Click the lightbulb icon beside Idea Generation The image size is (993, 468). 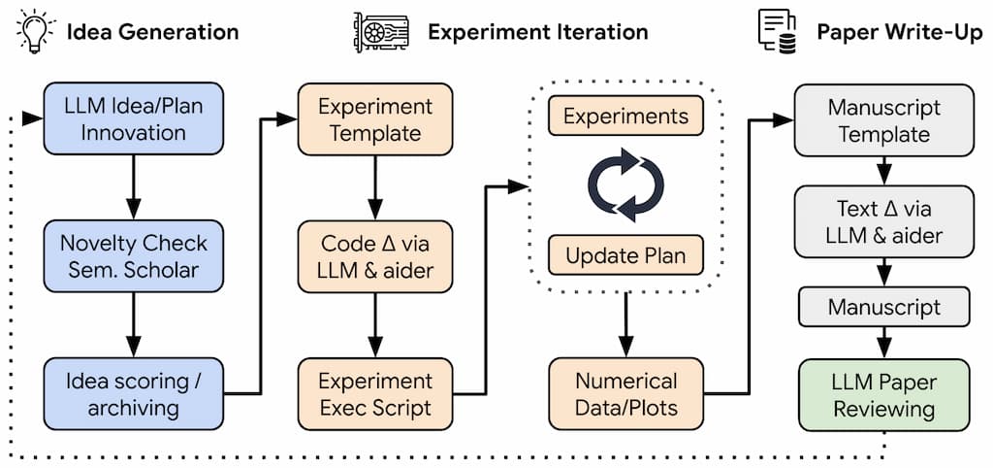coord(32,30)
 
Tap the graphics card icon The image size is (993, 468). coord(380,31)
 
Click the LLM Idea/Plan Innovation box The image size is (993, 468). coord(133,118)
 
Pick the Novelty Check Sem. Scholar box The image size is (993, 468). coord(133,255)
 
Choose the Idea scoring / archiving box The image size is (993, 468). coord(133,393)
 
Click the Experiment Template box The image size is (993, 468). coord(375,118)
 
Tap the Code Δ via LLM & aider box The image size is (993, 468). coord(375,255)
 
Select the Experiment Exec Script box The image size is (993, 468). coord(375,393)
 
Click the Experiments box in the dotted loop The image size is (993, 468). coord(625,117)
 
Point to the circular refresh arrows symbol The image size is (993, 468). coord(625,184)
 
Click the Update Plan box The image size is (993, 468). coord(625,256)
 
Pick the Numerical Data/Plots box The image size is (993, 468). coord(625,393)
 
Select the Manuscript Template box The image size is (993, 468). coord(883,120)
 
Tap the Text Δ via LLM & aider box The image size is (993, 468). coord(883,220)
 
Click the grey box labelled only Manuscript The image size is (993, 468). coord(883,308)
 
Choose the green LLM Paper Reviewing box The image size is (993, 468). coord(883,394)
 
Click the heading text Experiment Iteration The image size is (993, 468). coord(537,31)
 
